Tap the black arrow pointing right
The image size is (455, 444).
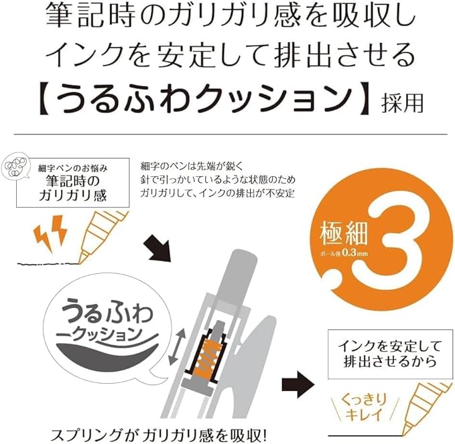298,385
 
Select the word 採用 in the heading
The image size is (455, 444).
403,103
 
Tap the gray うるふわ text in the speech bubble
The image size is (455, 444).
108,313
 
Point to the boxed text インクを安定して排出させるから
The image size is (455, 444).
390,354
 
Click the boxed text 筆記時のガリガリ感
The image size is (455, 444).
73,188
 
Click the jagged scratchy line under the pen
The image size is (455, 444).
48,264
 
